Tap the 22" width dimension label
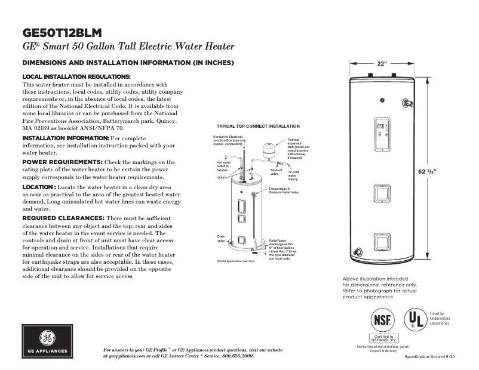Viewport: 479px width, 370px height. tap(382, 63)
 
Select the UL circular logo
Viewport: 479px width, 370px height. tap(416, 319)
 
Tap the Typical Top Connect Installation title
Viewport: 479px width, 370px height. tap(258, 127)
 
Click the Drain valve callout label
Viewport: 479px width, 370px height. tap(221, 239)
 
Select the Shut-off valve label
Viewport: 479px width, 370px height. tap(276, 172)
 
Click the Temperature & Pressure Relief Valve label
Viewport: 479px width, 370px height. tap(284, 191)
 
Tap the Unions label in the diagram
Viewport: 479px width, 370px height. tap(222, 177)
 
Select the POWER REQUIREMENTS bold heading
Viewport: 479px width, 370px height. tap(62, 162)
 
